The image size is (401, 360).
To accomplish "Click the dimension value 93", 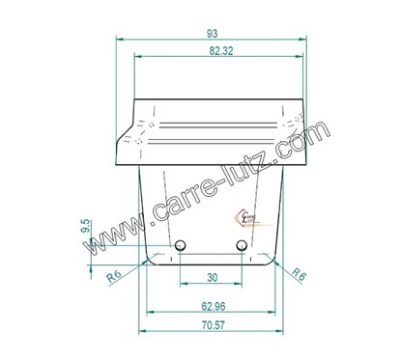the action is click(212, 33).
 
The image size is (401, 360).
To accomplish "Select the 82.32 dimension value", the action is click(221, 51).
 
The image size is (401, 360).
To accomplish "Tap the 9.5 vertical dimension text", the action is click(86, 228).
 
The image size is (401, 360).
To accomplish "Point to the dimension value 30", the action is click(212, 277).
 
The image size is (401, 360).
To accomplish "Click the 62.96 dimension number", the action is click(214, 306).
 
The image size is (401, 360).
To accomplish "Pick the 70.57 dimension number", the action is click(213, 325).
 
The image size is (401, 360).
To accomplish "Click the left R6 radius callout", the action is click(114, 276).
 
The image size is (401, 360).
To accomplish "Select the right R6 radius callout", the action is click(299, 274).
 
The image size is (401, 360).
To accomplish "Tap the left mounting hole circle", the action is click(181, 246).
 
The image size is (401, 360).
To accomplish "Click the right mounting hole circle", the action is click(242, 246).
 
